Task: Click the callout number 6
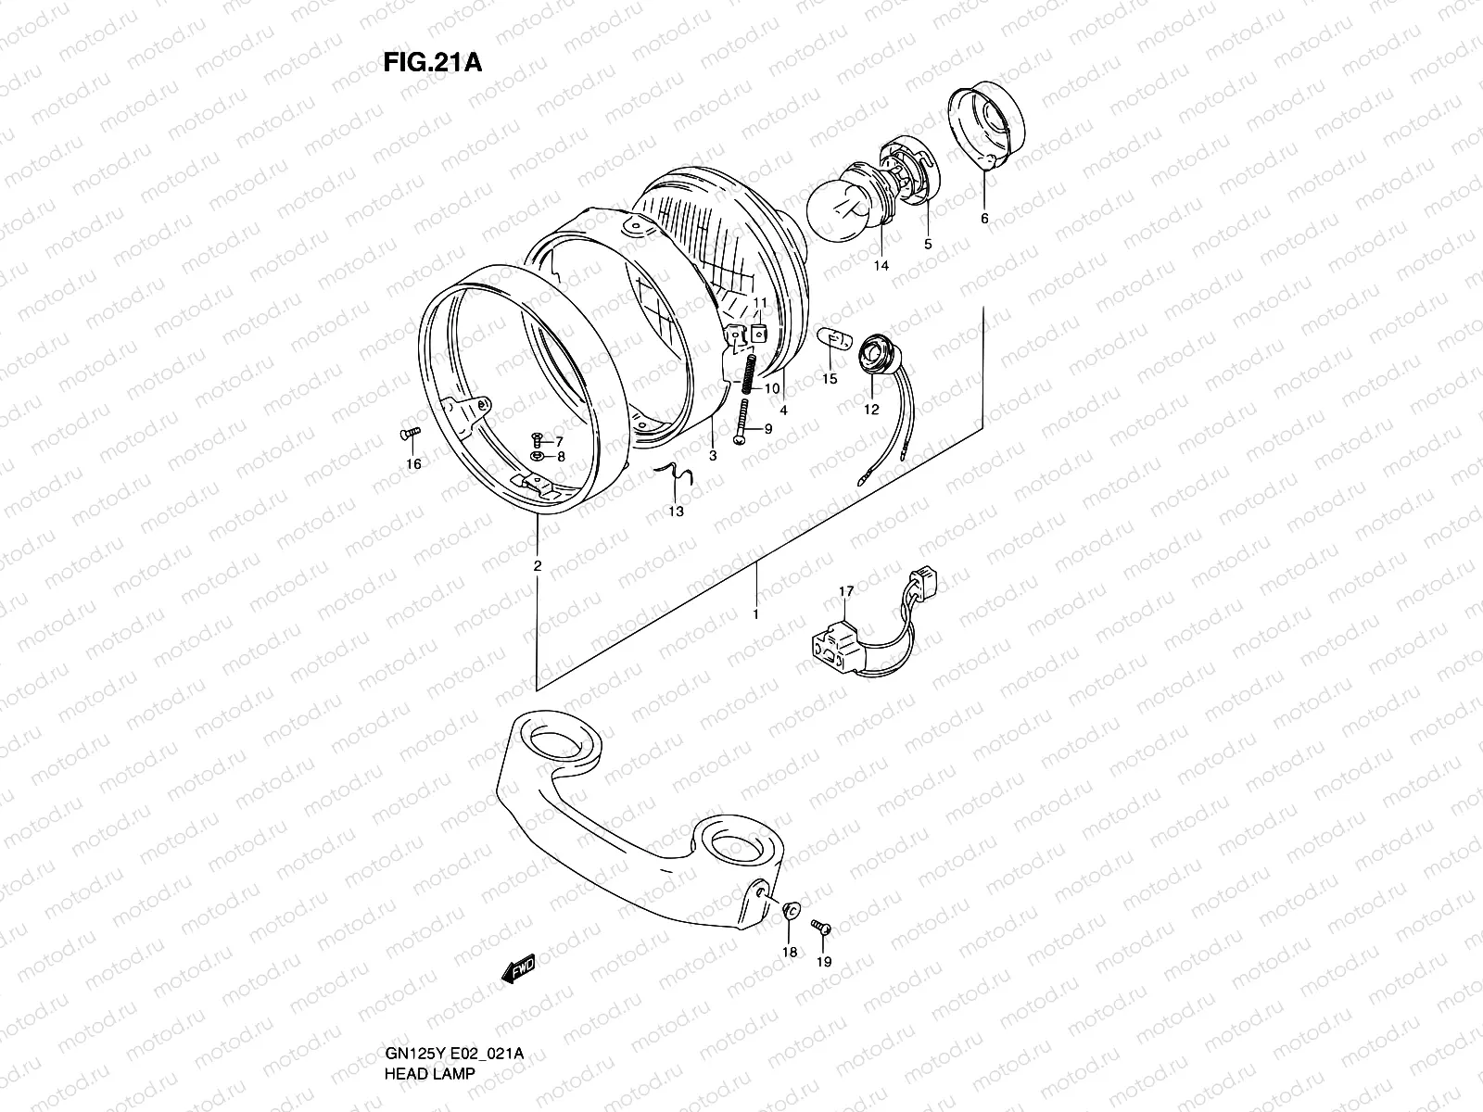984,219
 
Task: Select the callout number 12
871,411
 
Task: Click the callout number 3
713,455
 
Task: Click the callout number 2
538,565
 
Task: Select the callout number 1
756,613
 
